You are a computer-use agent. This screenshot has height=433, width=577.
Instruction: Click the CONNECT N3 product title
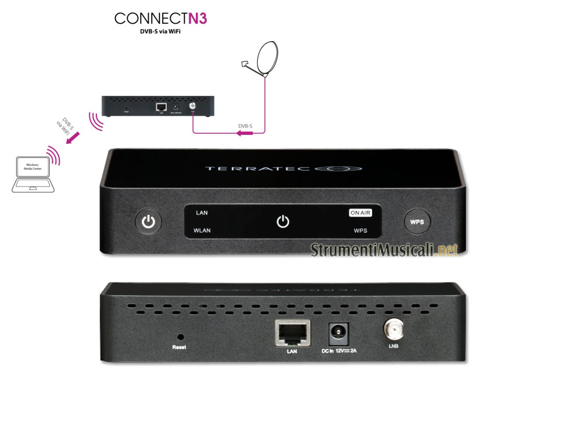click(161, 19)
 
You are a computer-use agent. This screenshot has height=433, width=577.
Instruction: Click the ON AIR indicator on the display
click(361, 213)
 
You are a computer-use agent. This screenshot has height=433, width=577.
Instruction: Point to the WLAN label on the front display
click(203, 231)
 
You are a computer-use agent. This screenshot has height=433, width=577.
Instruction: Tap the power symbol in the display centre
click(283, 222)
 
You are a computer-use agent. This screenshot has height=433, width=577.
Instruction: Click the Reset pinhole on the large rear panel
click(180, 335)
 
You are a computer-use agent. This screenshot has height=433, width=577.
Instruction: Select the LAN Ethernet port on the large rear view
click(291, 333)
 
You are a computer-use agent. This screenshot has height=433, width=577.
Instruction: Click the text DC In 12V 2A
click(340, 351)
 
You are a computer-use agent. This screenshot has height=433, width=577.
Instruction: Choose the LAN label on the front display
click(202, 213)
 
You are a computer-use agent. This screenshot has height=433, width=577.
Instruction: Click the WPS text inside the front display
click(361, 231)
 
